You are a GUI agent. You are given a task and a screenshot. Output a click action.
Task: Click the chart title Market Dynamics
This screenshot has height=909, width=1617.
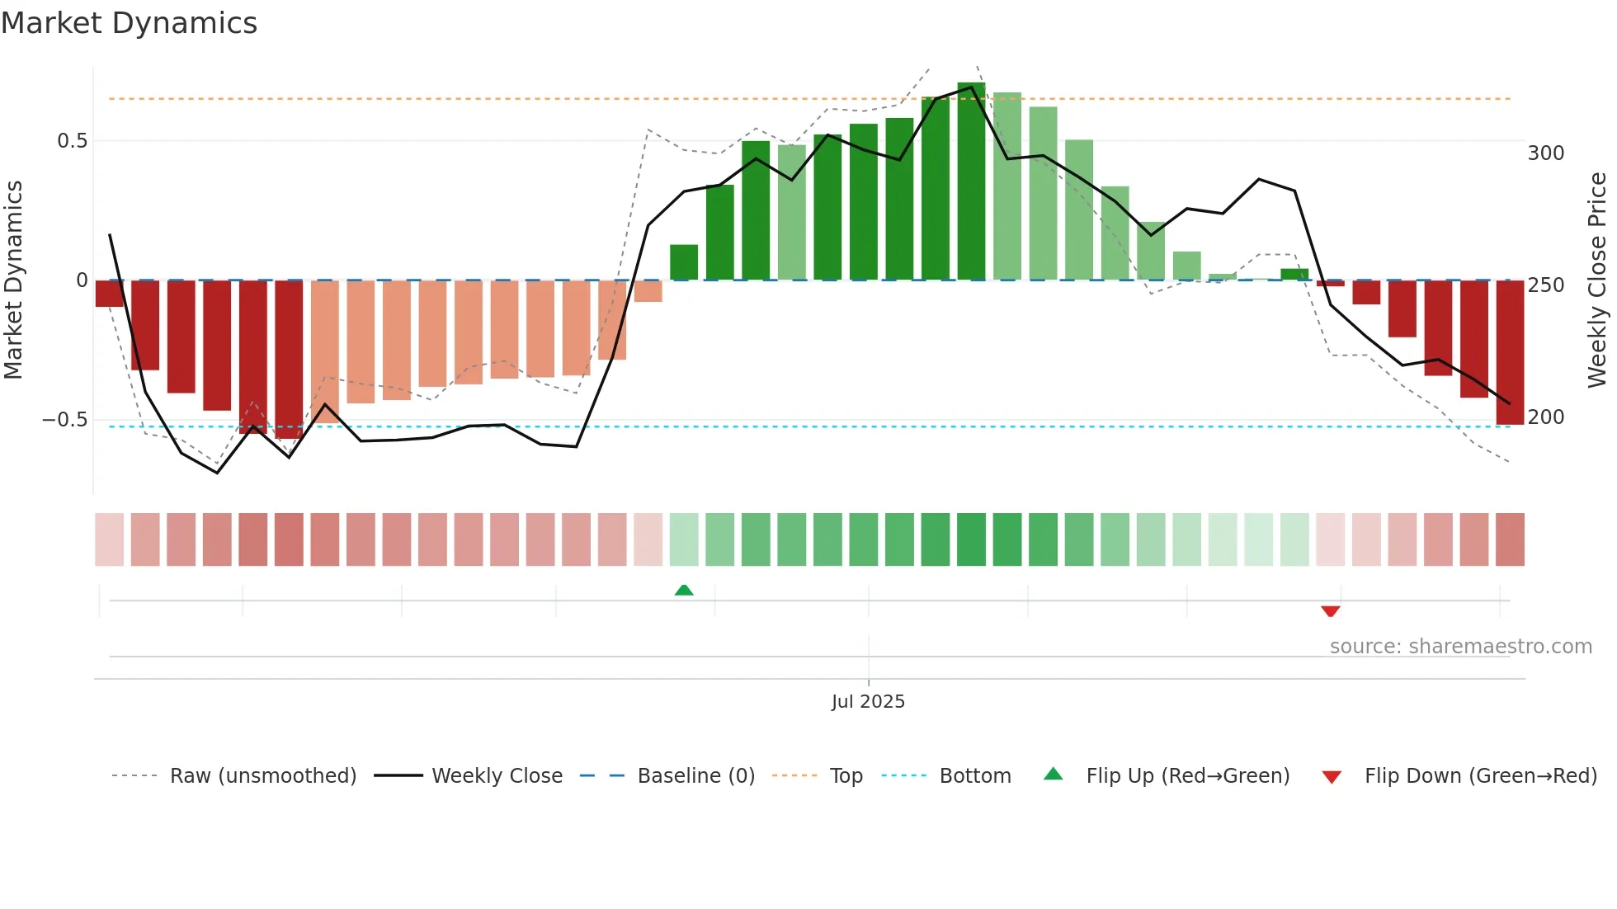coord(129,23)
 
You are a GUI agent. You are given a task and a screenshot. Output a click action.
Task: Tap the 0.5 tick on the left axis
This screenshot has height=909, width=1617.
coord(72,141)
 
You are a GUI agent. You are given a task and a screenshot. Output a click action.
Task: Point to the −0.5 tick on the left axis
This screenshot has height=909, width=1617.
coord(64,420)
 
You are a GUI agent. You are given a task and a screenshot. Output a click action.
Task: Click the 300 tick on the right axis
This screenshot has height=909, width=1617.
coord(1545,153)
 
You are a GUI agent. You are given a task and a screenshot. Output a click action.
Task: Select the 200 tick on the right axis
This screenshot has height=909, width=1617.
coord(1545,417)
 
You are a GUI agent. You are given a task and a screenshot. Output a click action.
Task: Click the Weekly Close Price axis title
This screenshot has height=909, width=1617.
coord(1597,280)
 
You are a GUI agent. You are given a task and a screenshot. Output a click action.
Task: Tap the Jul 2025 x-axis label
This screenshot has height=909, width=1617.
coord(868,702)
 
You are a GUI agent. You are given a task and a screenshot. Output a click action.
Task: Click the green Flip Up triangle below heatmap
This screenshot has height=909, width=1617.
coord(684,590)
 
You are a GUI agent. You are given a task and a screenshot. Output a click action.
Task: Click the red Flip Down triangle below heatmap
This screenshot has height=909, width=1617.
coord(1330,611)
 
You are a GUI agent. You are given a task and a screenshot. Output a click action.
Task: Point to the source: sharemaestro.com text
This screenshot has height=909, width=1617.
coord(1460,647)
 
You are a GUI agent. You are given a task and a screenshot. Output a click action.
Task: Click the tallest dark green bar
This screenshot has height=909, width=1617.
coord(971,181)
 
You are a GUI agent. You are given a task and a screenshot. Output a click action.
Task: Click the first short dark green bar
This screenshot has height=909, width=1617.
coord(684,262)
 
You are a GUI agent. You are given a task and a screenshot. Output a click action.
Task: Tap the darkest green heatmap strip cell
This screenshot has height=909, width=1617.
coord(971,539)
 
